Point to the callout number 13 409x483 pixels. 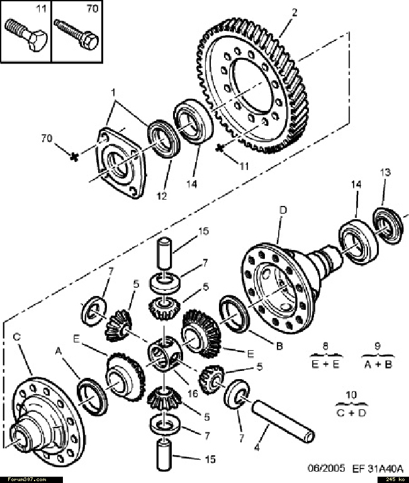[385, 172]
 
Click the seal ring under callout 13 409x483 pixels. [388, 226]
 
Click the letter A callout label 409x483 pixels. [58, 351]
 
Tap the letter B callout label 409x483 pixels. [279, 346]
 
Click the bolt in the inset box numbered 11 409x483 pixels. [25, 35]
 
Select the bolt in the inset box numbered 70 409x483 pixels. [76, 34]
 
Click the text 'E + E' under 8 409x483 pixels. [325, 365]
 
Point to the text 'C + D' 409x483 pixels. [351, 412]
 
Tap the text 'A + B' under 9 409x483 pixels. [378, 365]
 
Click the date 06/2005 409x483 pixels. [327, 469]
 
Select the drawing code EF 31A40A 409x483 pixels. [378, 469]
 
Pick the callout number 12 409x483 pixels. [162, 196]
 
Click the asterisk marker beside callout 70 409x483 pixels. [74, 156]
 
